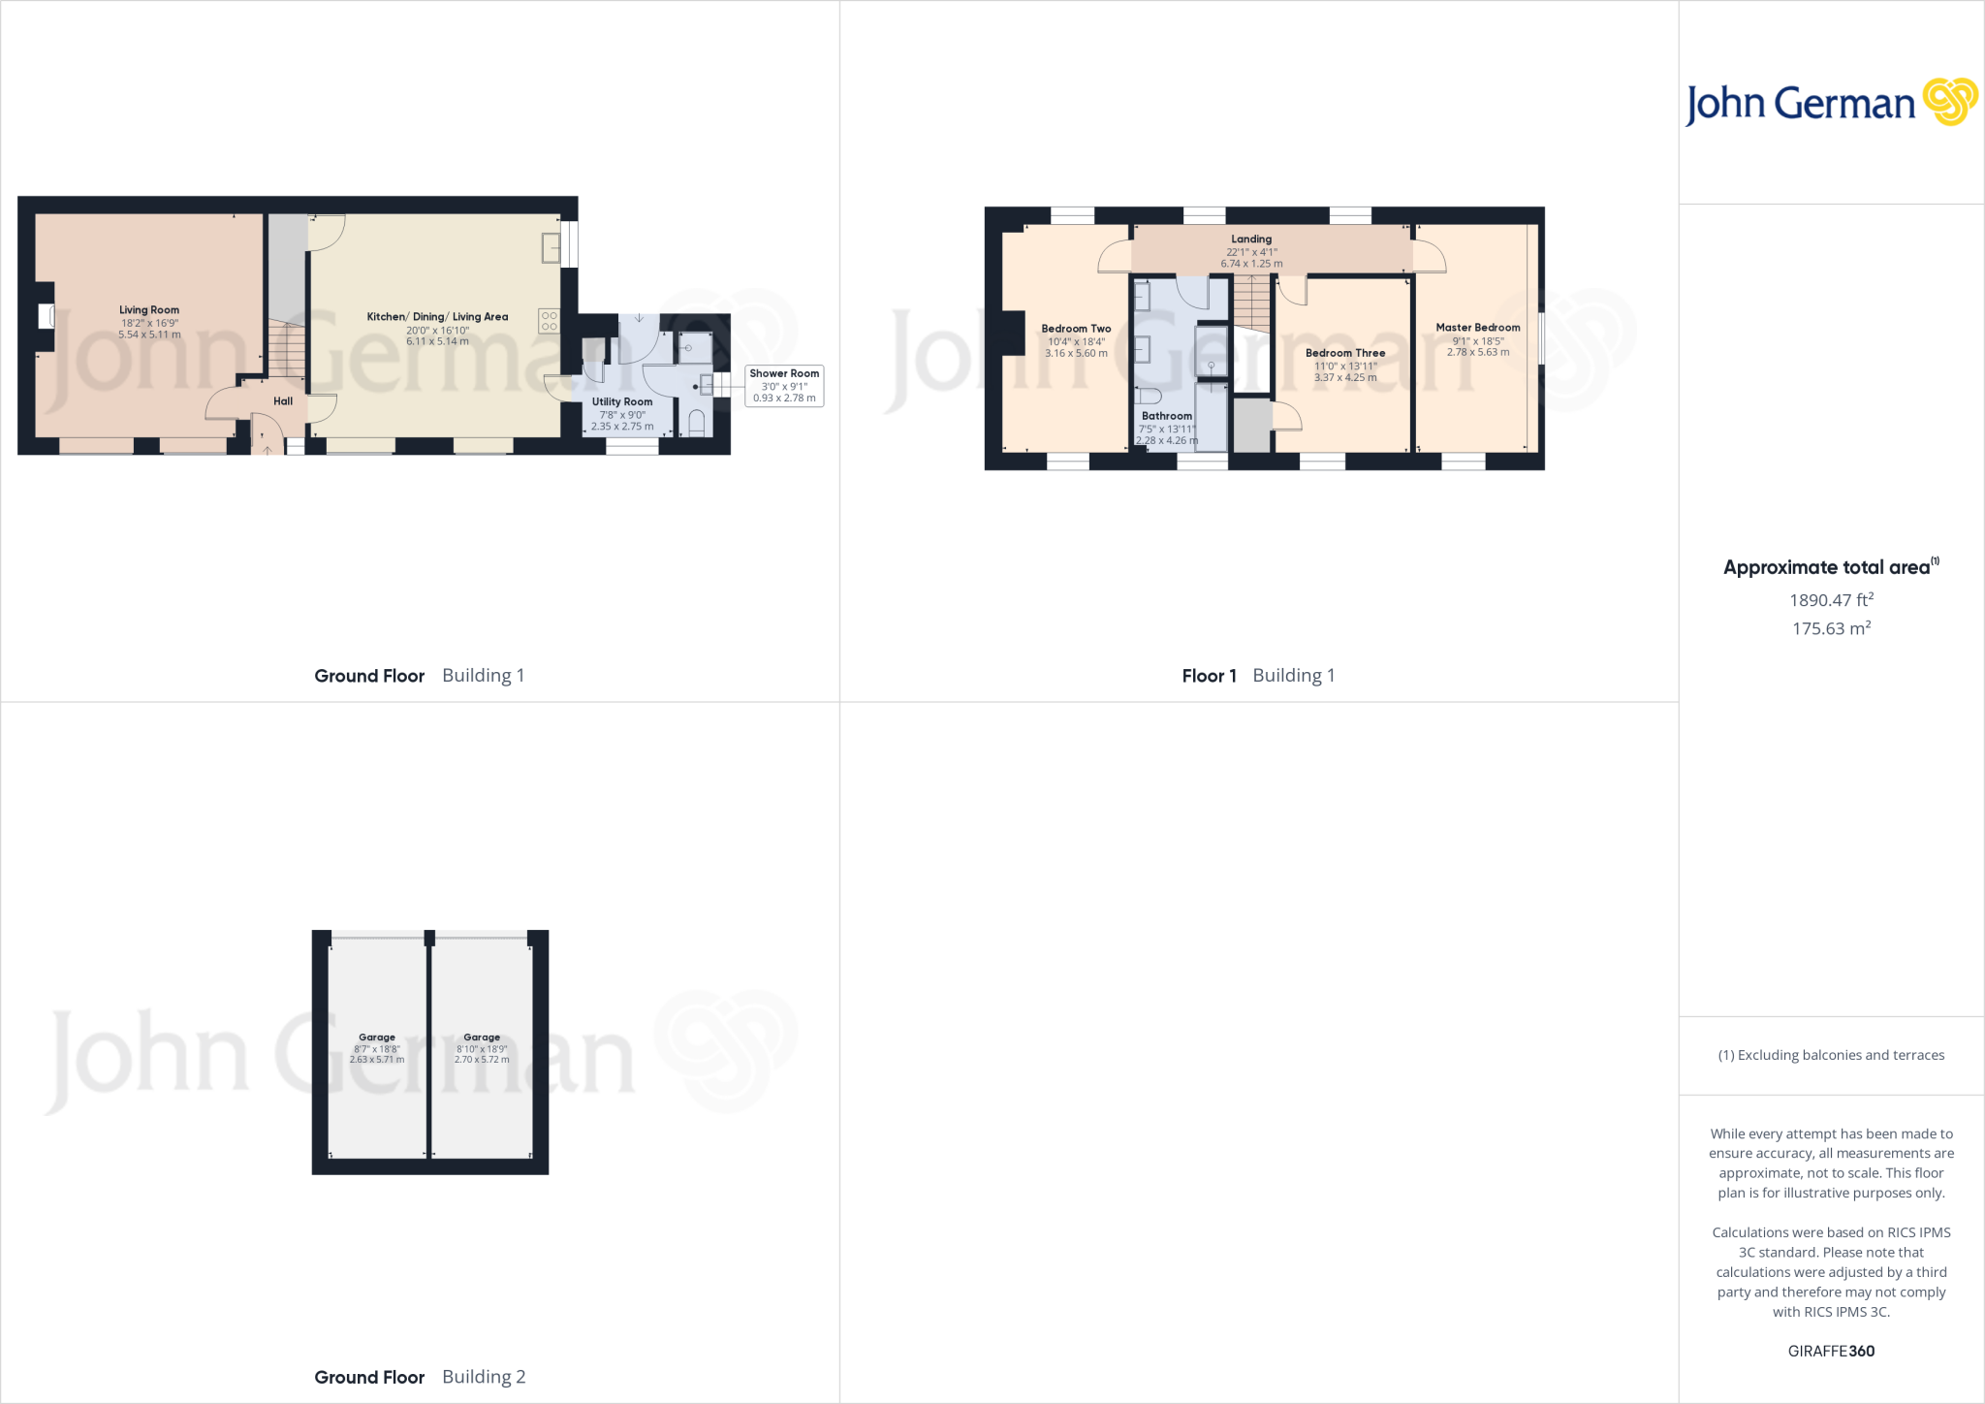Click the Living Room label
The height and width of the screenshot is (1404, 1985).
(x=149, y=310)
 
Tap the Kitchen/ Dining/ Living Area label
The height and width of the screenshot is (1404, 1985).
(x=437, y=317)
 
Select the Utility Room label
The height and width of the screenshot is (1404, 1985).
(x=622, y=401)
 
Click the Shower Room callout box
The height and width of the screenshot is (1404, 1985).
(x=784, y=386)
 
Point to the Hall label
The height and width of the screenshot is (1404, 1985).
(x=283, y=401)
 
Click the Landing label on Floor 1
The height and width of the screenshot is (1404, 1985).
(x=1251, y=239)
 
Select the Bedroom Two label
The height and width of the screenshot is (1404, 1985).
(x=1076, y=329)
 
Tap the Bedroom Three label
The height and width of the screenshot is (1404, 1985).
(x=1345, y=353)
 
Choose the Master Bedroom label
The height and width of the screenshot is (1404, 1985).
(x=1478, y=328)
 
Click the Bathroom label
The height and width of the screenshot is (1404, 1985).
(x=1167, y=416)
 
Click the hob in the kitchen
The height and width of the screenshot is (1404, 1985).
(x=550, y=321)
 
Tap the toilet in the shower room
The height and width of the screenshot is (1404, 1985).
(x=696, y=423)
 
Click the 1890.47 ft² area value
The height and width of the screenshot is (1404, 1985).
(x=1831, y=600)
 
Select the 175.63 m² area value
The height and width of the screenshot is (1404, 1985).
(x=1831, y=628)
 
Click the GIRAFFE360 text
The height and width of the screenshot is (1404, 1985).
(x=1831, y=1351)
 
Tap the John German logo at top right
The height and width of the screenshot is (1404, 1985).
(x=1831, y=103)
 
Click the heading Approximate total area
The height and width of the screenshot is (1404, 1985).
(x=1827, y=568)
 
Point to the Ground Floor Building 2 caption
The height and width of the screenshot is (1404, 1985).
(x=420, y=1377)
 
